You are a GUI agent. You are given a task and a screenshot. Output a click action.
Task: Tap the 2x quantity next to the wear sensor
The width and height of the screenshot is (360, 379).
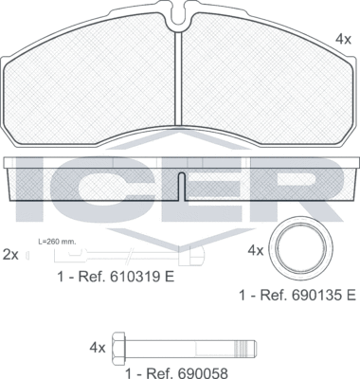[11, 254]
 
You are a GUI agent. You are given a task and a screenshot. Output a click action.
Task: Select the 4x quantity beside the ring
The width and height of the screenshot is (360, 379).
[255, 252]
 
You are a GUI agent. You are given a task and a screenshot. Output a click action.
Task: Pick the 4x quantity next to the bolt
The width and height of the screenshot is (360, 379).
[98, 347]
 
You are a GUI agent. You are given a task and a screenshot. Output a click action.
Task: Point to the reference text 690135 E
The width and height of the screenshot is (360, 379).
[297, 296]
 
